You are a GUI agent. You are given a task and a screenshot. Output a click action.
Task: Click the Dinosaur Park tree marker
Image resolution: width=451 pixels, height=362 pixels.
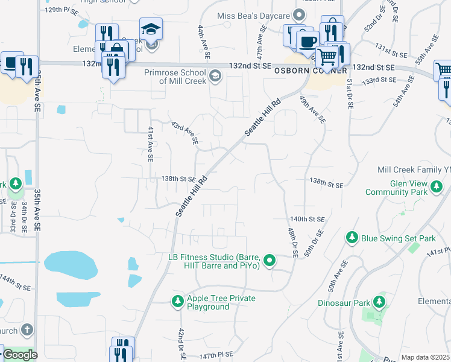(379, 301)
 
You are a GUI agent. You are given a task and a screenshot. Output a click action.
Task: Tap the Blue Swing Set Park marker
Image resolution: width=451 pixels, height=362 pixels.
(352, 238)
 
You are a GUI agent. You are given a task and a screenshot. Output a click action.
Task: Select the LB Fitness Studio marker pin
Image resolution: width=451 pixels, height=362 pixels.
(270, 261)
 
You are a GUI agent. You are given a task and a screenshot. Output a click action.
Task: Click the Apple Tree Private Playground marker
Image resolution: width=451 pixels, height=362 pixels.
(178, 301)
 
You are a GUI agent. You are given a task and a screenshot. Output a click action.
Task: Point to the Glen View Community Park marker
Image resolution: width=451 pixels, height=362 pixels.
(437, 188)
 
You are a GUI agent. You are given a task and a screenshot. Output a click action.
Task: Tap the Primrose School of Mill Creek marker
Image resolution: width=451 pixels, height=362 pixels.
(216, 76)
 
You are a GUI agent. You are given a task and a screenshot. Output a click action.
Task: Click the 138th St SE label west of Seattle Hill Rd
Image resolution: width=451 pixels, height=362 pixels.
(178, 179)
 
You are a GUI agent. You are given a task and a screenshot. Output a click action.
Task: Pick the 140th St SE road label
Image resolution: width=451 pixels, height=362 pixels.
(307, 219)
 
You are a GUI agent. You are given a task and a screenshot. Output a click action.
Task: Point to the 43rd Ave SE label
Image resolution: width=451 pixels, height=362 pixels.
(184, 131)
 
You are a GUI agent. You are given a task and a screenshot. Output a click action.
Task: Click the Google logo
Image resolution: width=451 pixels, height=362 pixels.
(20, 355)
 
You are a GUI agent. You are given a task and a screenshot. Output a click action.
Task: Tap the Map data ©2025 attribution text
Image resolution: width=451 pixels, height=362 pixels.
(425, 358)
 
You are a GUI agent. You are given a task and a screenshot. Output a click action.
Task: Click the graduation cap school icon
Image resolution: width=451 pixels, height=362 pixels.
(151, 28)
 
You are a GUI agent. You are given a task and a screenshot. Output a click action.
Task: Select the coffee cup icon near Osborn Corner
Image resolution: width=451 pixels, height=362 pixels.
(307, 40)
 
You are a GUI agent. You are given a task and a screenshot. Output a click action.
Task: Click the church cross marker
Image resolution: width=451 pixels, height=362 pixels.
(26, 330)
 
